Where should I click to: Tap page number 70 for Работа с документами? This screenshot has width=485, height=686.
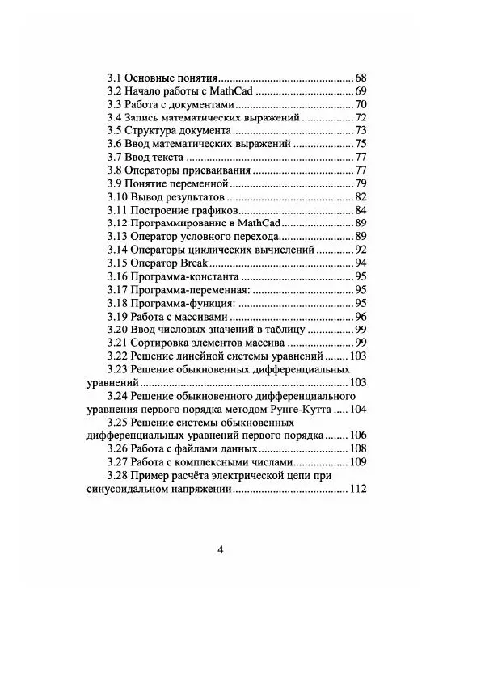pos(361,104)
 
